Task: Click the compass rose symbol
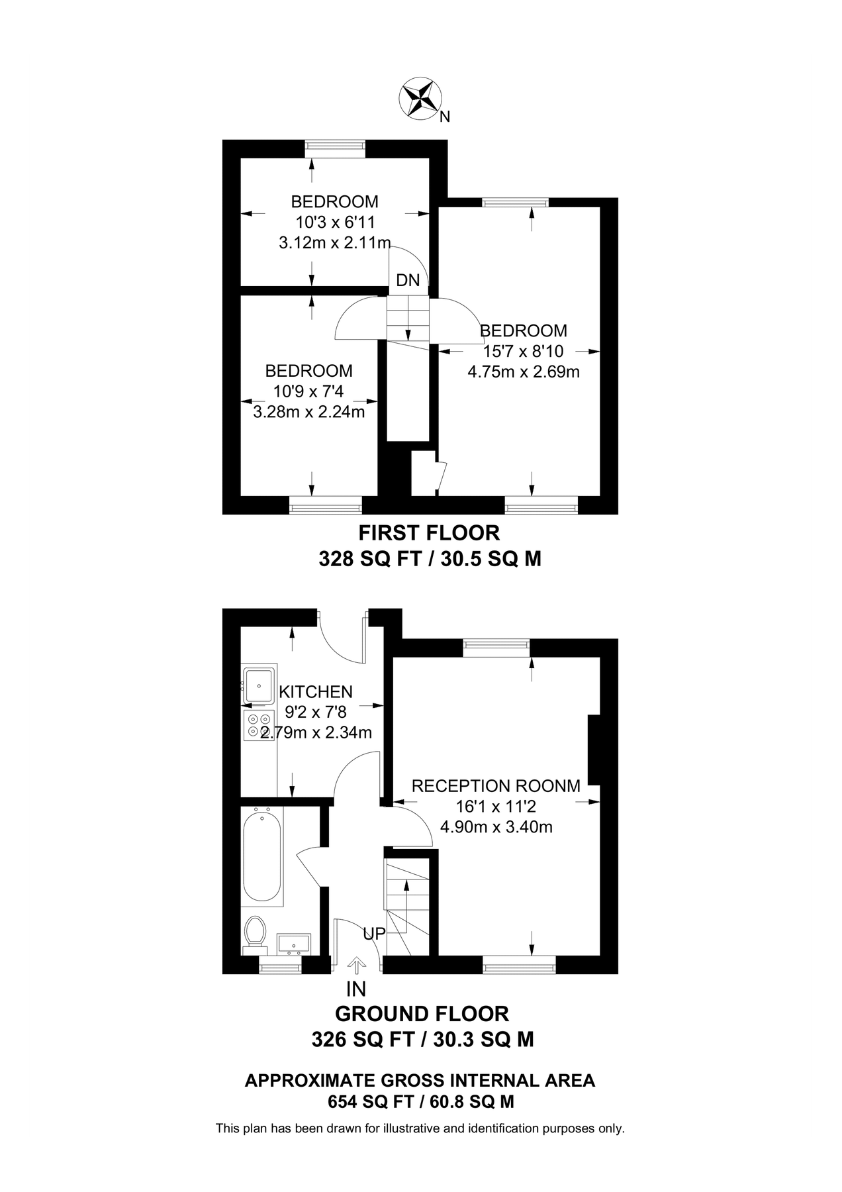pyautogui.click(x=420, y=99)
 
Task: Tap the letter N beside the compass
pyautogui.click(x=445, y=117)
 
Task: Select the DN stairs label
pyautogui.click(x=408, y=280)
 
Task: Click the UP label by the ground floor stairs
pyautogui.click(x=374, y=934)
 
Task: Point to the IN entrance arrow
pyautogui.click(x=356, y=966)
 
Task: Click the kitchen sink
pyautogui.click(x=260, y=685)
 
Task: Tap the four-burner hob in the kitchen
pyautogui.click(x=259, y=725)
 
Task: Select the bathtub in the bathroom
pyautogui.click(x=263, y=856)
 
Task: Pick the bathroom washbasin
pyautogui.click(x=294, y=943)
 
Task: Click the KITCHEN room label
pyautogui.click(x=316, y=692)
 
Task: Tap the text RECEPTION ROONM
pyautogui.click(x=496, y=786)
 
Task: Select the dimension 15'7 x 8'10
pyautogui.click(x=523, y=351)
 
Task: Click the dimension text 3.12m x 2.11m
pyautogui.click(x=335, y=242)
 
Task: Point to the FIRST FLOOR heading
pyautogui.click(x=429, y=532)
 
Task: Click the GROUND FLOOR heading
pyautogui.click(x=422, y=1014)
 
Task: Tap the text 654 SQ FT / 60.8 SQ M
pyautogui.click(x=421, y=1102)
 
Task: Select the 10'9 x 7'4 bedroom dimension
pyautogui.click(x=308, y=391)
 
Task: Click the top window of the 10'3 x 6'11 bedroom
pyautogui.click(x=335, y=148)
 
